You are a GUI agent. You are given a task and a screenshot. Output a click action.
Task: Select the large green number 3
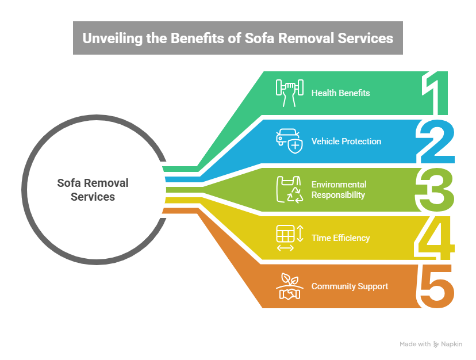click(436, 190)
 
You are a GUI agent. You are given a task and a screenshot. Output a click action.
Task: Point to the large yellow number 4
click(435, 238)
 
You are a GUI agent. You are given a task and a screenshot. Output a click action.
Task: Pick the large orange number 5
click(436, 286)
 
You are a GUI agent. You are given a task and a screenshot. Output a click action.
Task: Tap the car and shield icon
click(288, 141)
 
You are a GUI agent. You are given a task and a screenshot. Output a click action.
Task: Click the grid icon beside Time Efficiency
click(285, 238)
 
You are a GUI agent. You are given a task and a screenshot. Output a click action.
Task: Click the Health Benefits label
click(340, 93)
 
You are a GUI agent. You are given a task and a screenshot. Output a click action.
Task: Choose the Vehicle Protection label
click(346, 141)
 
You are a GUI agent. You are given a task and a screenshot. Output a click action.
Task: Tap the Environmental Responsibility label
click(339, 190)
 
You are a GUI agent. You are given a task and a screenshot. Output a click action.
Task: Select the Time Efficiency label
click(340, 238)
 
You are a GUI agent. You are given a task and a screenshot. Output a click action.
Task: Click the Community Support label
click(350, 286)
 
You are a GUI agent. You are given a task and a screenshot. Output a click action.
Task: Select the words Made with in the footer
click(415, 344)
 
